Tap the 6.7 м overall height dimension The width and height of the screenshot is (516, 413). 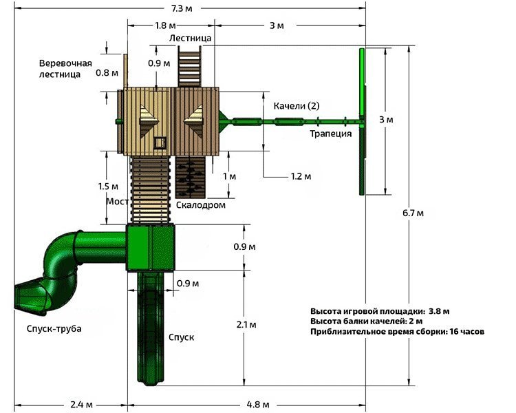(x=413, y=213)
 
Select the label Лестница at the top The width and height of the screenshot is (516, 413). (x=191, y=38)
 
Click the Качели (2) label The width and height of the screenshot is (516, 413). (x=297, y=105)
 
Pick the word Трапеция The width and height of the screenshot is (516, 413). (x=330, y=134)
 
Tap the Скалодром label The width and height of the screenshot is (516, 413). (x=200, y=205)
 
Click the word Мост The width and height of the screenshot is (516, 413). (x=117, y=201)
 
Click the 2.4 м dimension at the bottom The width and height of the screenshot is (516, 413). (x=82, y=403)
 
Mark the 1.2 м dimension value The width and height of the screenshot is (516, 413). (x=301, y=177)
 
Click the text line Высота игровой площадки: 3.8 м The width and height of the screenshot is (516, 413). (x=379, y=310)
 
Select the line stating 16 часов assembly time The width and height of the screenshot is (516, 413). (x=397, y=331)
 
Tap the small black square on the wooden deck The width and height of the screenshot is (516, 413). (x=160, y=142)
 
